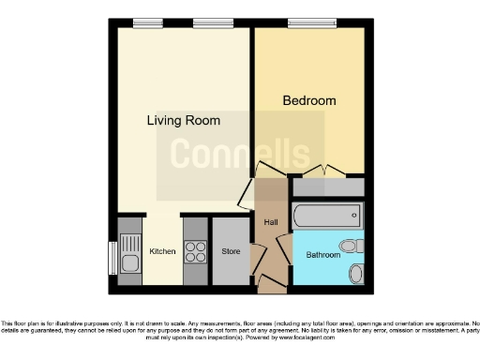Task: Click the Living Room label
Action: point(183,120)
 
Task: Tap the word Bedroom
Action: point(308,100)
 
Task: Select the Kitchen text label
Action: point(163,251)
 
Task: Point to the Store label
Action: point(231,251)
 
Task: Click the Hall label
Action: point(270,222)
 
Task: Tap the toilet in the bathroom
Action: point(350,247)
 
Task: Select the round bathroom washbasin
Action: point(356,274)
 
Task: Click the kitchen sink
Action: point(129,254)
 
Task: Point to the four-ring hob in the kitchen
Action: point(196,251)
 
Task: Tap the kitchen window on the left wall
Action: point(113,255)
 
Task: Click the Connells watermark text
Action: point(239,152)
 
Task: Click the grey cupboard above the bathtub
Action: point(327,187)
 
